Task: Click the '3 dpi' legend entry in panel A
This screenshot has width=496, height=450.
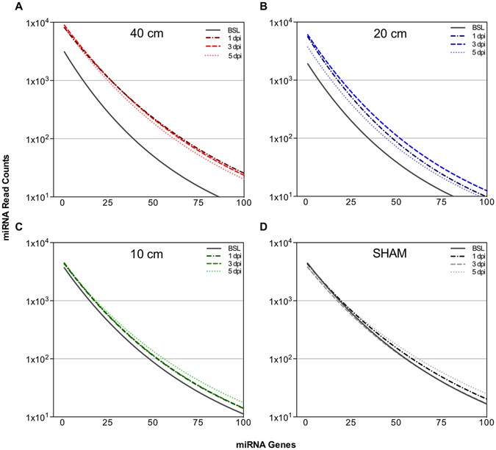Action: click(218, 45)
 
